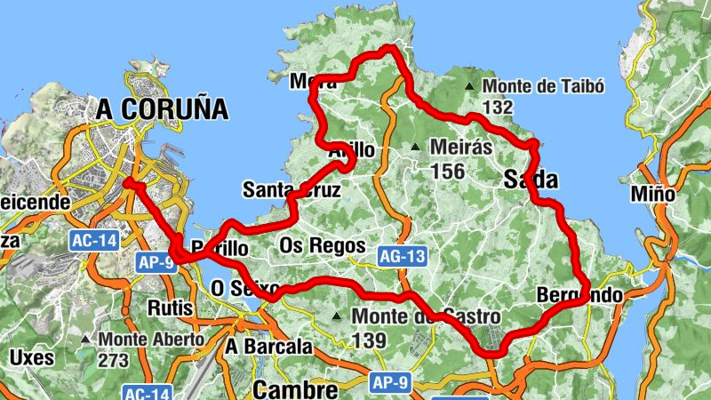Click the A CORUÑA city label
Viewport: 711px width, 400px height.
click(163, 109)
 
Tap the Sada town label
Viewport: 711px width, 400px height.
click(531, 180)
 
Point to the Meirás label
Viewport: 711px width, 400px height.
click(459, 146)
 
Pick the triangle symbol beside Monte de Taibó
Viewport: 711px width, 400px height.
click(469, 87)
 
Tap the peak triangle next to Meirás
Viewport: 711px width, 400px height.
click(415, 147)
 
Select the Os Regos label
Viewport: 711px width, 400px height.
click(322, 244)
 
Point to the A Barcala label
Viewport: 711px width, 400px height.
click(269, 347)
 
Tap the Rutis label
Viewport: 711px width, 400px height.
click(172, 308)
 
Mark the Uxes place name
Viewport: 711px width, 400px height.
click(32, 358)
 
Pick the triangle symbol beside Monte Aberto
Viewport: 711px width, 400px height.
click(85, 340)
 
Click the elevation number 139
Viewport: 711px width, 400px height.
click(368, 340)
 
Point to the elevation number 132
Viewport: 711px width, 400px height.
click(499, 107)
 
